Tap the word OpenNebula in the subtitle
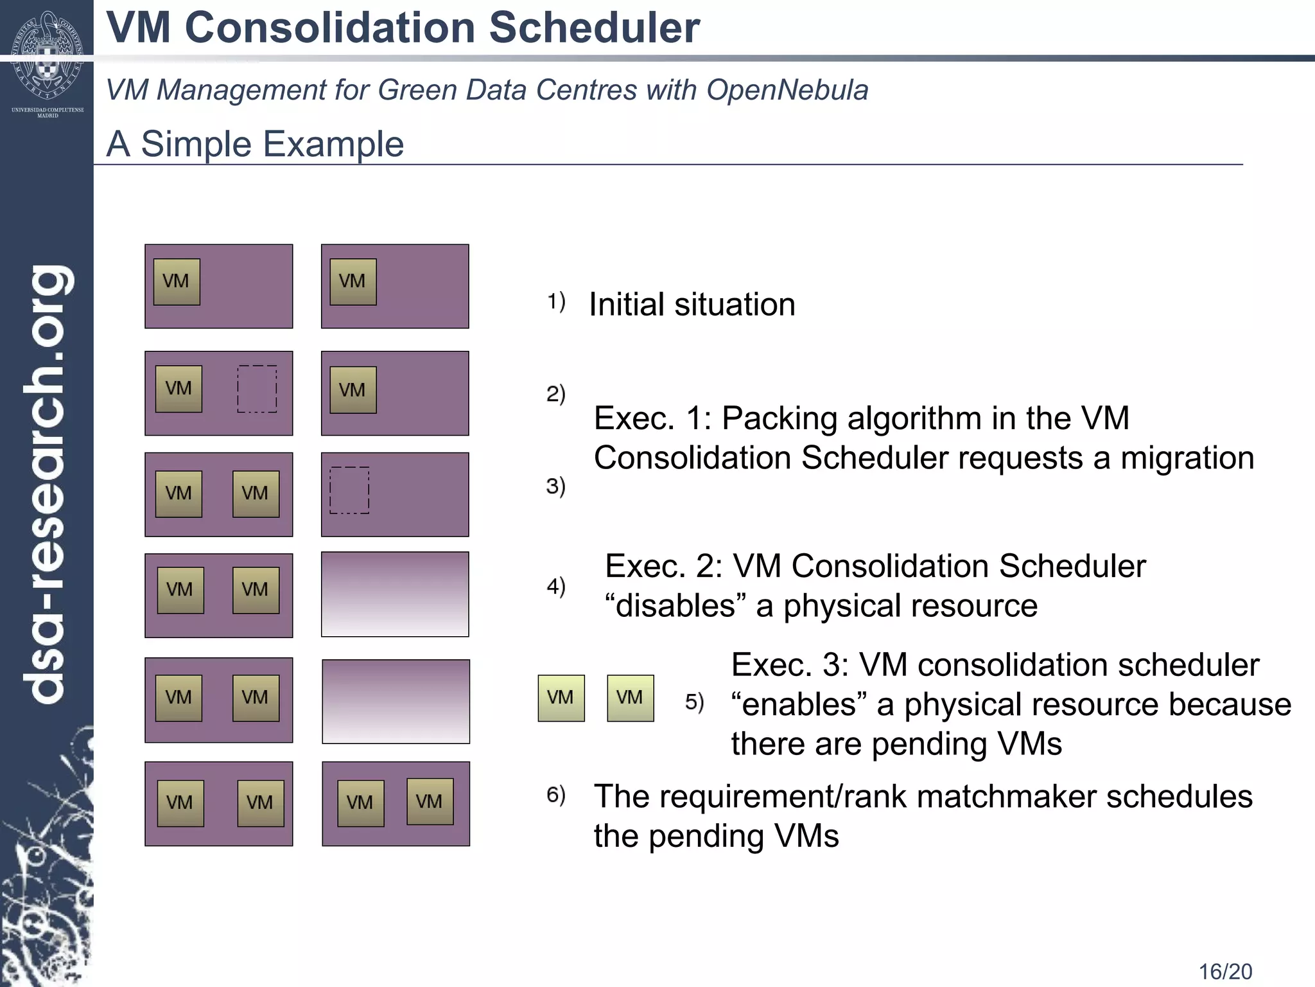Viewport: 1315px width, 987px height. click(787, 89)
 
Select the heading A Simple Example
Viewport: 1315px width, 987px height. click(255, 143)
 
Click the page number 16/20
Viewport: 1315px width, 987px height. click(1225, 971)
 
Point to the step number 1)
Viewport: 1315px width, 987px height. click(556, 301)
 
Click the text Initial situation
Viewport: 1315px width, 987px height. click(692, 304)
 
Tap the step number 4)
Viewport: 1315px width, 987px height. click(556, 585)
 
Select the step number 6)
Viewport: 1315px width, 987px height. click(556, 795)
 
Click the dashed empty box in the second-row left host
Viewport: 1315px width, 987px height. click(257, 389)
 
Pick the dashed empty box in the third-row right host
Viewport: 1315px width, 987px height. click(349, 490)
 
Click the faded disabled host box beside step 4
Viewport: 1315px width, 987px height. click(395, 594)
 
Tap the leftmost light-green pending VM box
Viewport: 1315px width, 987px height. click(561, 698)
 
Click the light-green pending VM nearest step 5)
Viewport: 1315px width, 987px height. click(630, 698)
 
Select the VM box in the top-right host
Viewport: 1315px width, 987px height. click(353, 281)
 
